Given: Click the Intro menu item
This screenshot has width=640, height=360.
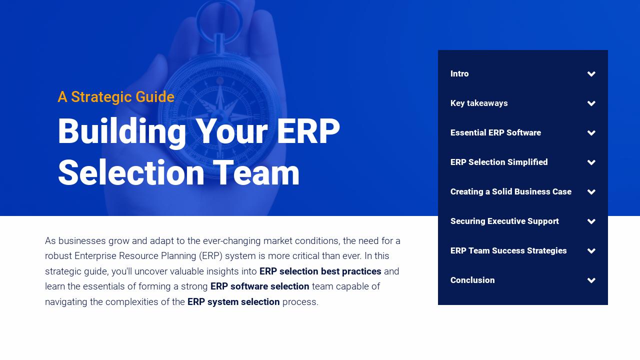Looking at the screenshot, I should tap(459, 74).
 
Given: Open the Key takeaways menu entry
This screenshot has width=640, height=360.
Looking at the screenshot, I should tap(479, 103).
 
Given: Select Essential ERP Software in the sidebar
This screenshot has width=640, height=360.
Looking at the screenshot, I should tap(495, 133).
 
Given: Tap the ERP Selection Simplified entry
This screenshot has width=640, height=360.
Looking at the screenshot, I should tap(499, 162).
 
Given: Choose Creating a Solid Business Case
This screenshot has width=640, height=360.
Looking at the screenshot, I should tap(510, 192).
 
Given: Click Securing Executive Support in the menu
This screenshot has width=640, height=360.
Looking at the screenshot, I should tap(504, 221).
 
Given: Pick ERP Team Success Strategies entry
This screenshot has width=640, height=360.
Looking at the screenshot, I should tap(508, 251).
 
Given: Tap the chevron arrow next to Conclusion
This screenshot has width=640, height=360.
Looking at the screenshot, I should tap(591, 280).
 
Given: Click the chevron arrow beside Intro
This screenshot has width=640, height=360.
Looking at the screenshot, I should tap(591, 74).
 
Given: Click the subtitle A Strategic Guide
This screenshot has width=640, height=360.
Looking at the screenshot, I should tap(116, 97).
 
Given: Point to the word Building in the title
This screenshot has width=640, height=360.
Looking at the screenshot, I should tap(122, 132).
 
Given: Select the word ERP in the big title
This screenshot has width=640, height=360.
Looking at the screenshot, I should tap(308, 132).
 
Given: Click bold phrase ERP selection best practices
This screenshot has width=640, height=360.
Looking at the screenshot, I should tap(320, 271).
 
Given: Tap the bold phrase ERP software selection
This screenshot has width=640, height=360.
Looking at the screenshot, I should tap(259, 286).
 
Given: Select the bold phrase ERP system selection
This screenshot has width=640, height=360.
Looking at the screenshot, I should tap(233, 302).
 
